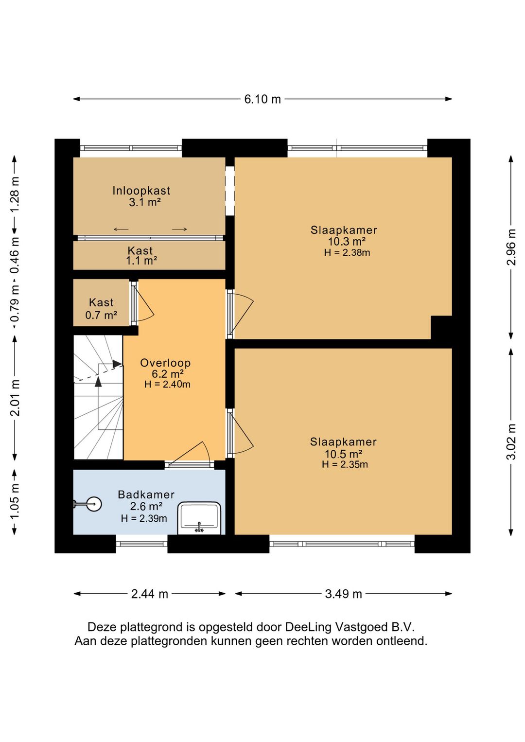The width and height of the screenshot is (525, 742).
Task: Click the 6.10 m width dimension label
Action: point(262,99)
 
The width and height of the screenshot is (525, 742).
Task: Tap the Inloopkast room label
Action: point(141,191)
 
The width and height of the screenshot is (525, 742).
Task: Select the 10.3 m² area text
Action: point(347,241)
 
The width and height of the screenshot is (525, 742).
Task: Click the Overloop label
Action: point(165,363)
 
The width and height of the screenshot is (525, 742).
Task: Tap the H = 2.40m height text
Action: point(167,384)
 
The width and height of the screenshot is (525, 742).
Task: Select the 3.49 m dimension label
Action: point(344,594)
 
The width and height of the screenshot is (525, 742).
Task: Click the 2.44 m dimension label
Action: point(150,594)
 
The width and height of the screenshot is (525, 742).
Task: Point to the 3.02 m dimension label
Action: point(512,442)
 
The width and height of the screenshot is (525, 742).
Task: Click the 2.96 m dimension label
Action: point(512,247)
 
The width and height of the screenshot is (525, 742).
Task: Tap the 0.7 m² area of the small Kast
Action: point(101,315)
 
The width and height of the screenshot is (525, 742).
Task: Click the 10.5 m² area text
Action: point(345,454)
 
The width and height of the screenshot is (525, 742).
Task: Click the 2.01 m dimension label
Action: point(16,398)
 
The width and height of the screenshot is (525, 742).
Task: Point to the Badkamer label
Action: point(146,495)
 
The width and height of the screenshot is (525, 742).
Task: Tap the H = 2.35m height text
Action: point(345,464)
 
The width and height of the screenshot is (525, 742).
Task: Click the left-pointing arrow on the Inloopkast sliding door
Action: point(121,229)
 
